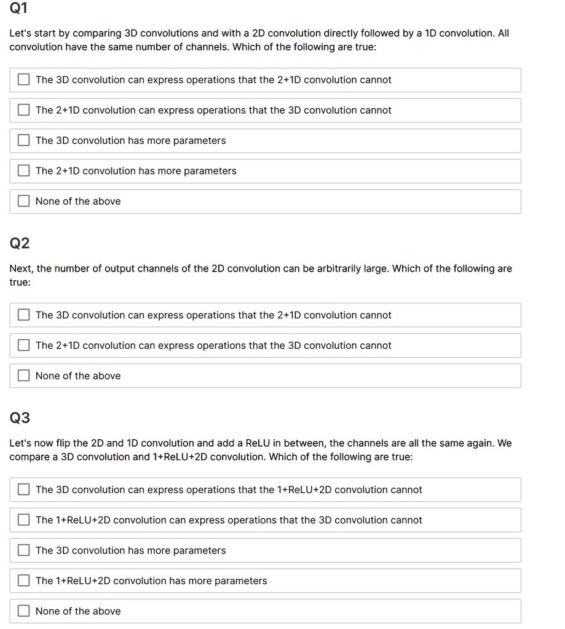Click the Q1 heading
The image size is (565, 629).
[19, 9]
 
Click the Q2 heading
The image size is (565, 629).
[20, 244]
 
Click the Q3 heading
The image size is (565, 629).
[20, 418]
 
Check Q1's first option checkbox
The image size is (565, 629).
[24, 80]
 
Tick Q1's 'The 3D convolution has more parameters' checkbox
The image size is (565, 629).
[24, 141]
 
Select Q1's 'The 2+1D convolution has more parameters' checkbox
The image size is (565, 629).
[24, 171]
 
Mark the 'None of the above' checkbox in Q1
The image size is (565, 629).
[24, 201]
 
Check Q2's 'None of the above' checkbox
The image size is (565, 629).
[24, 376]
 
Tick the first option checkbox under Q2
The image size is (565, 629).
[24, 315]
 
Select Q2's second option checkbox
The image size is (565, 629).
[24, 346]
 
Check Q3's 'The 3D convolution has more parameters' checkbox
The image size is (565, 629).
[24, 551]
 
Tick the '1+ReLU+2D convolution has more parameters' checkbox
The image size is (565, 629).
[24, 581]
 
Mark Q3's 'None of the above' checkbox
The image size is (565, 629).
[24, 611]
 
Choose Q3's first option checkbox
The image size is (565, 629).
[24, 490]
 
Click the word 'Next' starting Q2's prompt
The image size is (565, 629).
[21, 268]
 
